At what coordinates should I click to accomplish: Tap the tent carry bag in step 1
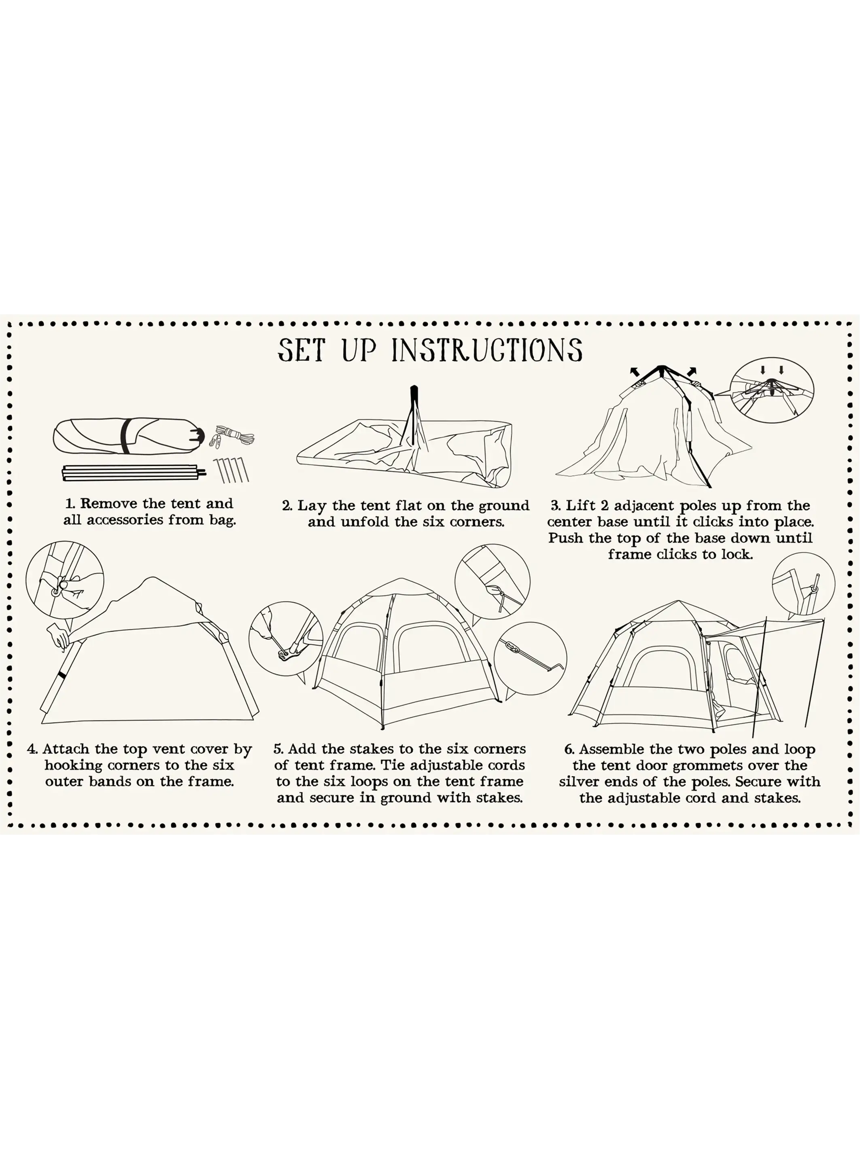coord(128,436)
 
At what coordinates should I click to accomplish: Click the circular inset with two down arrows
coord(772,390)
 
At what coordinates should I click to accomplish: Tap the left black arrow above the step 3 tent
coord(635,371)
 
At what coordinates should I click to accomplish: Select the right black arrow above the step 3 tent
coord(692,371)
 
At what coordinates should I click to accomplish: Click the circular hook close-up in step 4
coord(65,580)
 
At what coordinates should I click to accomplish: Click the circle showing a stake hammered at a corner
coord(286,638)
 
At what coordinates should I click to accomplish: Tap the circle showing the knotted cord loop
coord(492,581)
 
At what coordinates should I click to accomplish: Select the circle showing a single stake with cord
coord(530,658)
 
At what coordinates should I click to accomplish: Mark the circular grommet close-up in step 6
coord(803,585)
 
